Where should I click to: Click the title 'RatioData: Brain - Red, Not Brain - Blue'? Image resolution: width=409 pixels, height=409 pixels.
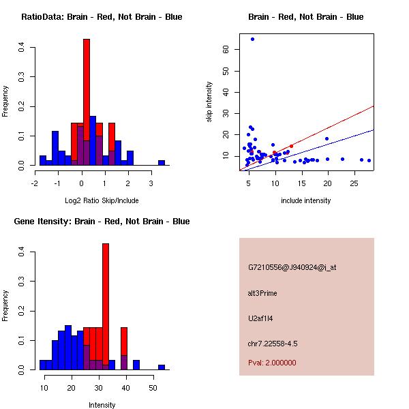click(102, 17)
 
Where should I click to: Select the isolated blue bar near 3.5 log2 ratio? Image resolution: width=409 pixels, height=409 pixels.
click(162, 163)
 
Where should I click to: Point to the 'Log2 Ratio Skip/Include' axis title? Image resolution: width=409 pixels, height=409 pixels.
click(102, 200)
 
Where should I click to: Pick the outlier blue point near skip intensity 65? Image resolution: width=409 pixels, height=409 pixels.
click(252, 39)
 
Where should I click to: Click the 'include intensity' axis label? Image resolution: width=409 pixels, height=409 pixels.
click(306, 200)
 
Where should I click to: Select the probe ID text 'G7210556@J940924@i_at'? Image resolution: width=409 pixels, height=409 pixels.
click(292, 267)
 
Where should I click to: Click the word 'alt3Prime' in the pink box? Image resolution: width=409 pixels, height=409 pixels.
click(262, 293)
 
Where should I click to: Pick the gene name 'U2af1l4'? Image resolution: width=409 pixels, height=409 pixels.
click(260, 318)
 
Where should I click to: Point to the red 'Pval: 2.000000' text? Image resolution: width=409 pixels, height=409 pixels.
click(272, 363)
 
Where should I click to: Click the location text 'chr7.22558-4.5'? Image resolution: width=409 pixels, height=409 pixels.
click(273, 344)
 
